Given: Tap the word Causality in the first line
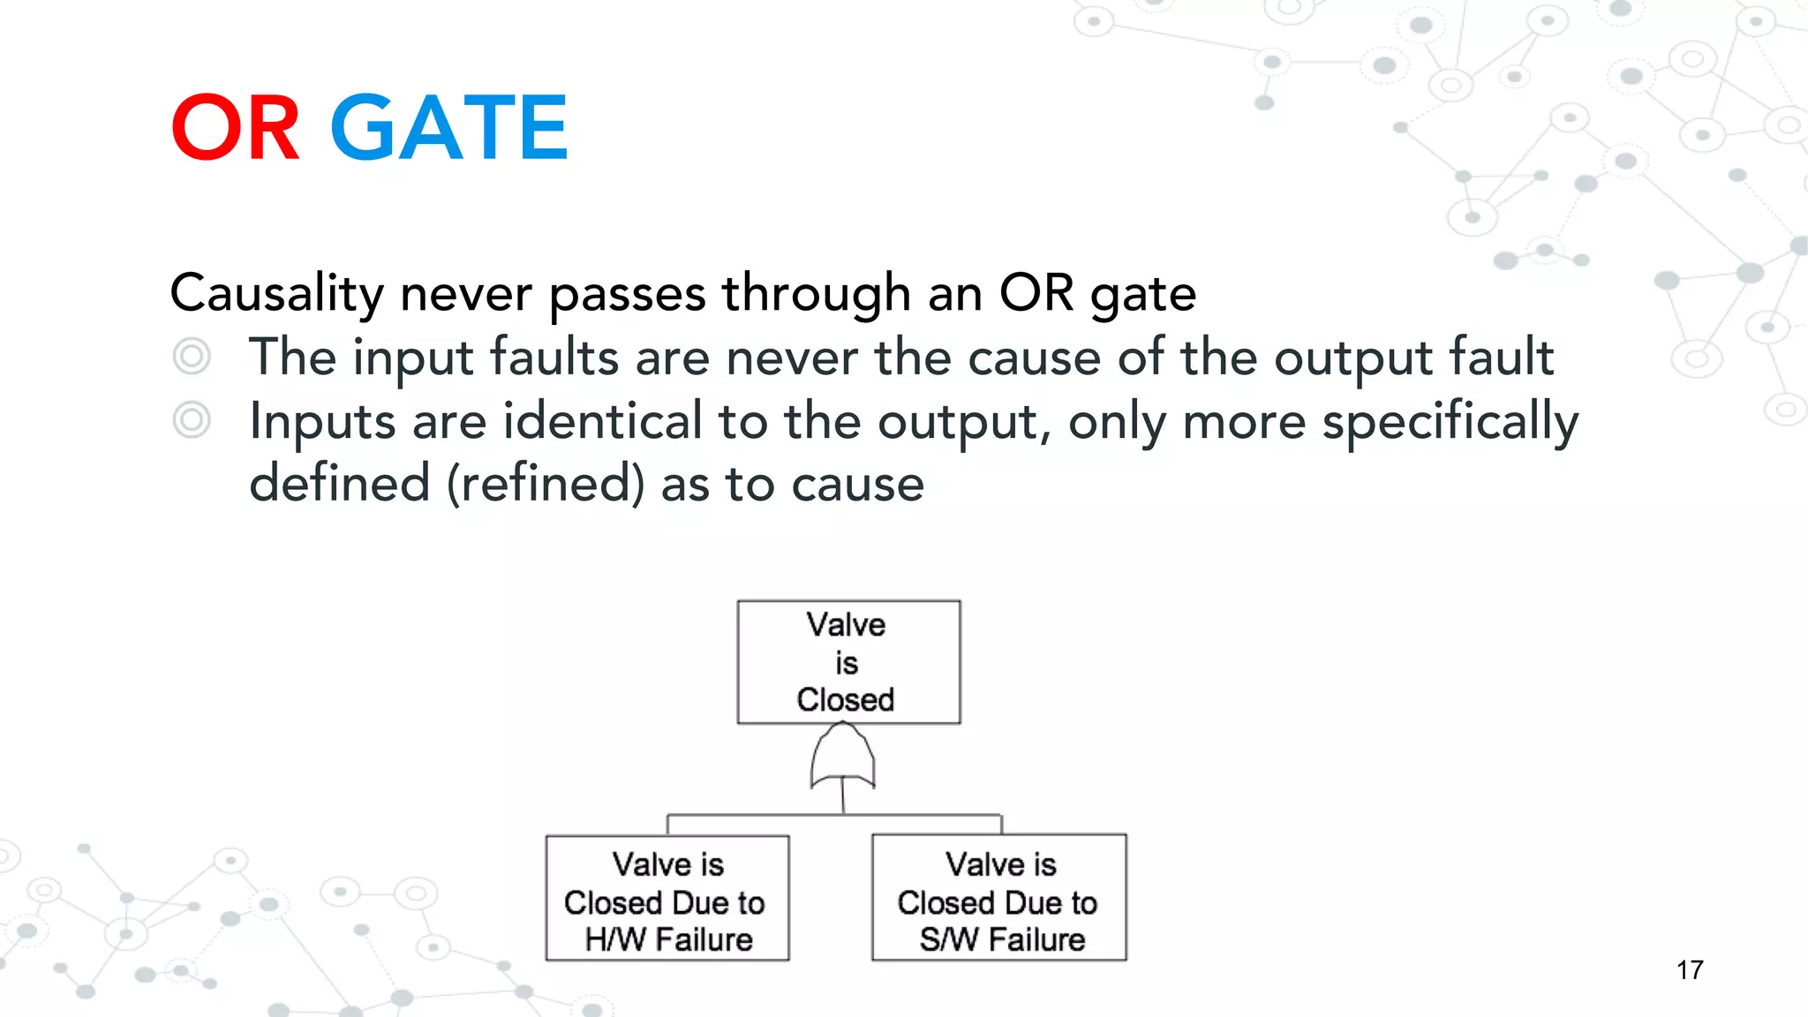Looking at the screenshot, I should click(x=276, y=293).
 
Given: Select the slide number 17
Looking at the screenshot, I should click(x=1690, y=970).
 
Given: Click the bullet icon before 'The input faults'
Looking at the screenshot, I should click(x=192, y=357).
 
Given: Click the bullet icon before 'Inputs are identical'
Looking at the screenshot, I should click(x=192, y=420).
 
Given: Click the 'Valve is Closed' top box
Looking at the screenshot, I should click(x=848, y=662).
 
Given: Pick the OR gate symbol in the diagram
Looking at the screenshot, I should click(x=843, y=757).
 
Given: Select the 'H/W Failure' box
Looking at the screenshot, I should click(x=667, y=898).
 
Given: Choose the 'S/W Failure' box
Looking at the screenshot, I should click(x=998, y=898).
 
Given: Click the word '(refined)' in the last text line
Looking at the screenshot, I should click(x=546, y=485).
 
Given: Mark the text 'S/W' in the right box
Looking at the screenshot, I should click(x=948, y=940).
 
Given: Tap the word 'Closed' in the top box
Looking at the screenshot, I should click(x=845, y=700).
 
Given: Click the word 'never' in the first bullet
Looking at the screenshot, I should click(x=791, y=358).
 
